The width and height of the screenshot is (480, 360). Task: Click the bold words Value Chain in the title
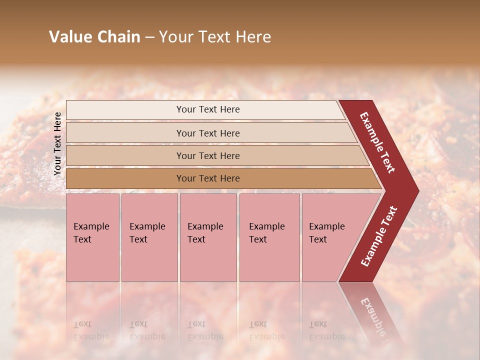[x=94, y=37]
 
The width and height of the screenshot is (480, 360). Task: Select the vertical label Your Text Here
[x=58, y=143]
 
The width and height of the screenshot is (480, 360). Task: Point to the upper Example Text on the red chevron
[x=377, y=142]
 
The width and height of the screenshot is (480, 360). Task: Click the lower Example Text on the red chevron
[x=379, y=236]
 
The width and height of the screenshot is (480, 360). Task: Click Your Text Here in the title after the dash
[x=215, y=37]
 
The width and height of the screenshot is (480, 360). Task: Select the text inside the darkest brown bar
[x=208, y=178]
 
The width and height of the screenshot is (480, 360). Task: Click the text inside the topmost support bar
[x=208, y=109]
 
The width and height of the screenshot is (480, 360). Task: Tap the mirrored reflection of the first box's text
[x=91, y=330]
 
